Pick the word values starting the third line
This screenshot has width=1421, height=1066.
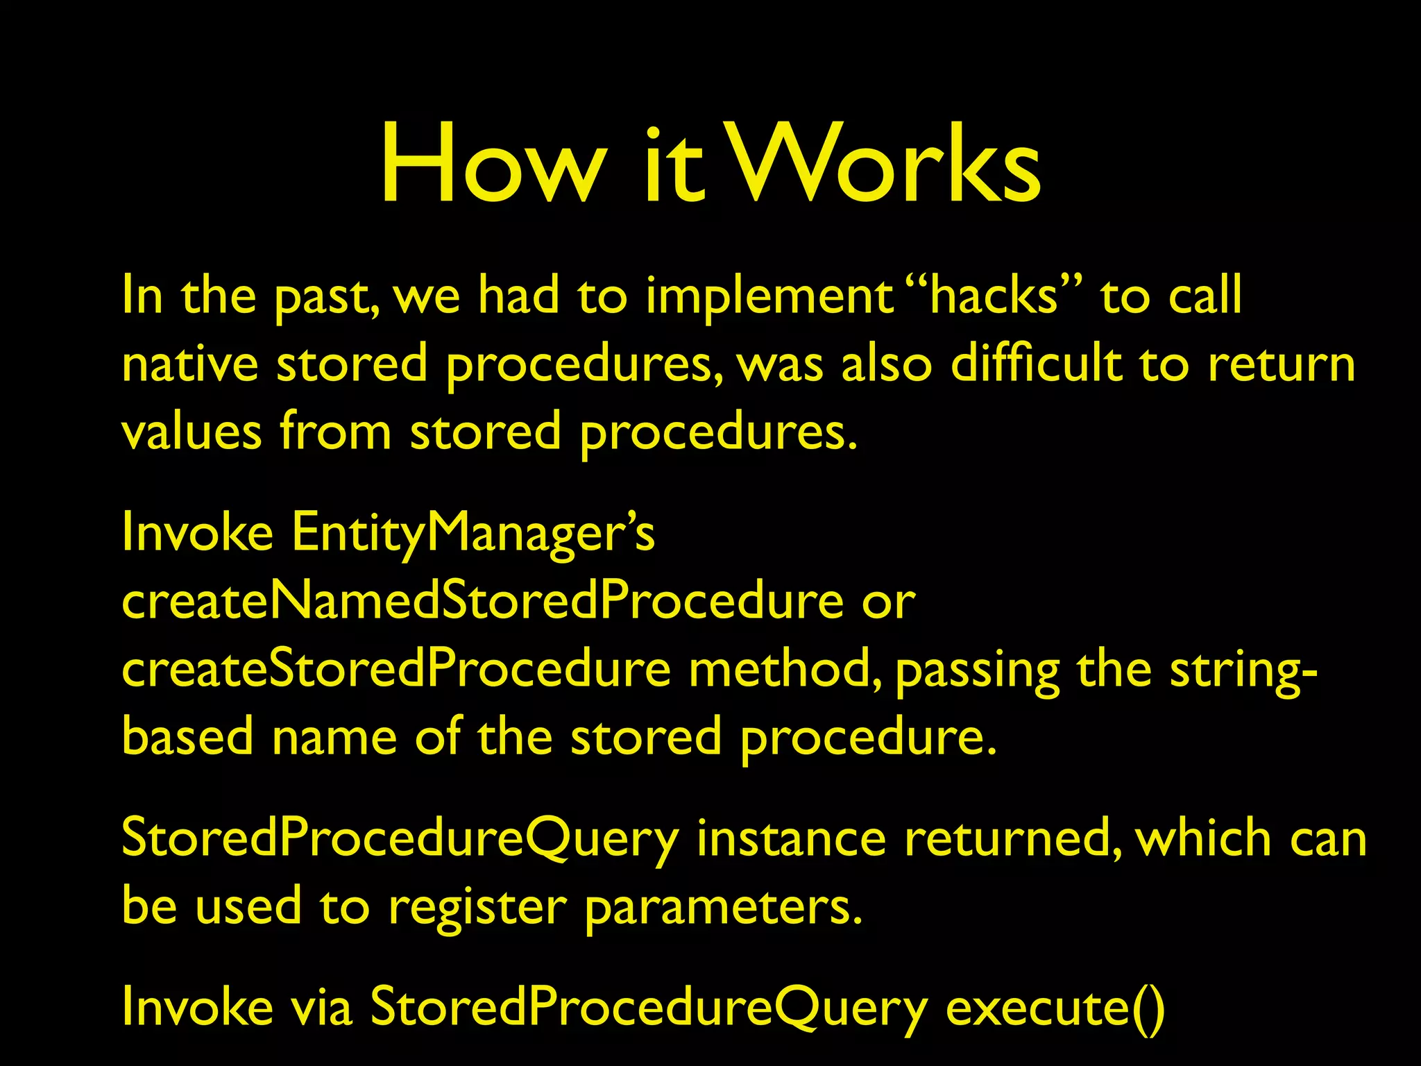point(192,432)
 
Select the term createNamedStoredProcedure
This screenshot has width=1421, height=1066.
point(482,601)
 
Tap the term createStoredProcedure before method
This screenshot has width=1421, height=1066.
point(396,669)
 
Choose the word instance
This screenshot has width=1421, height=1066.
point(791,838)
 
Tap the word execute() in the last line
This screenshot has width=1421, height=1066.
point(1055,1008)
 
